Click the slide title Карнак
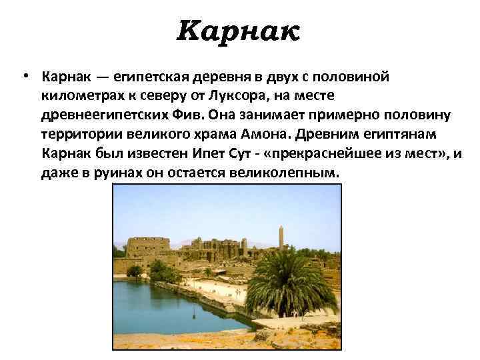239,30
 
